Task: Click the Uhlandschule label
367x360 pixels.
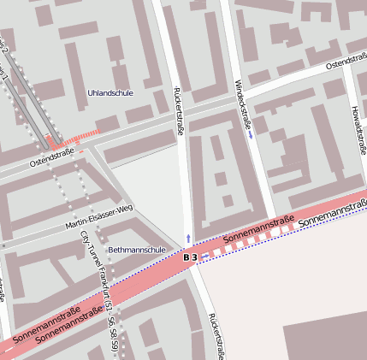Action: [110, 92]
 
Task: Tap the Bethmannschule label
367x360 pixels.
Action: [137, 250]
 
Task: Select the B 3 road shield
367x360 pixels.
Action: [191, 257]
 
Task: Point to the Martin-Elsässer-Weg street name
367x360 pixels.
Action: [100, 218]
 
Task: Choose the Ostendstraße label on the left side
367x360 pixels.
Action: [53, 156]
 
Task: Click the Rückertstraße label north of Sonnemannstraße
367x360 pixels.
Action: [179, 110]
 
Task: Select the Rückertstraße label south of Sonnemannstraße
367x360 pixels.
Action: [215, 335]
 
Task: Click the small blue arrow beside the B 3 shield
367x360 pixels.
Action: [205, 255]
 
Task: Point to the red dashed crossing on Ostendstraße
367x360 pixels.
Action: [77, 137]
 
